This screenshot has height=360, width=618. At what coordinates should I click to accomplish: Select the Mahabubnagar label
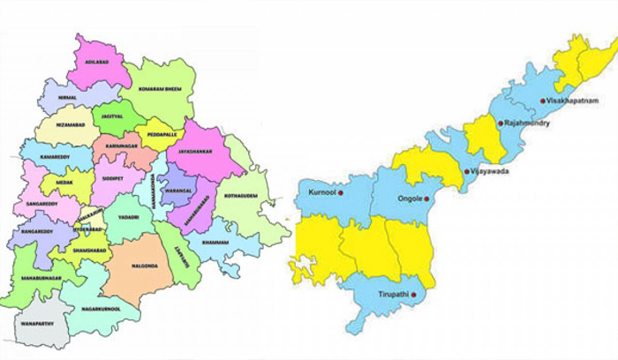click(38, 280)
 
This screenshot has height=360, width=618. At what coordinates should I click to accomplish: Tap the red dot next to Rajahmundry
click(500, 124)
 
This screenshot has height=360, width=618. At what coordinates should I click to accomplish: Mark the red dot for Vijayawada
click(466, 171)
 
